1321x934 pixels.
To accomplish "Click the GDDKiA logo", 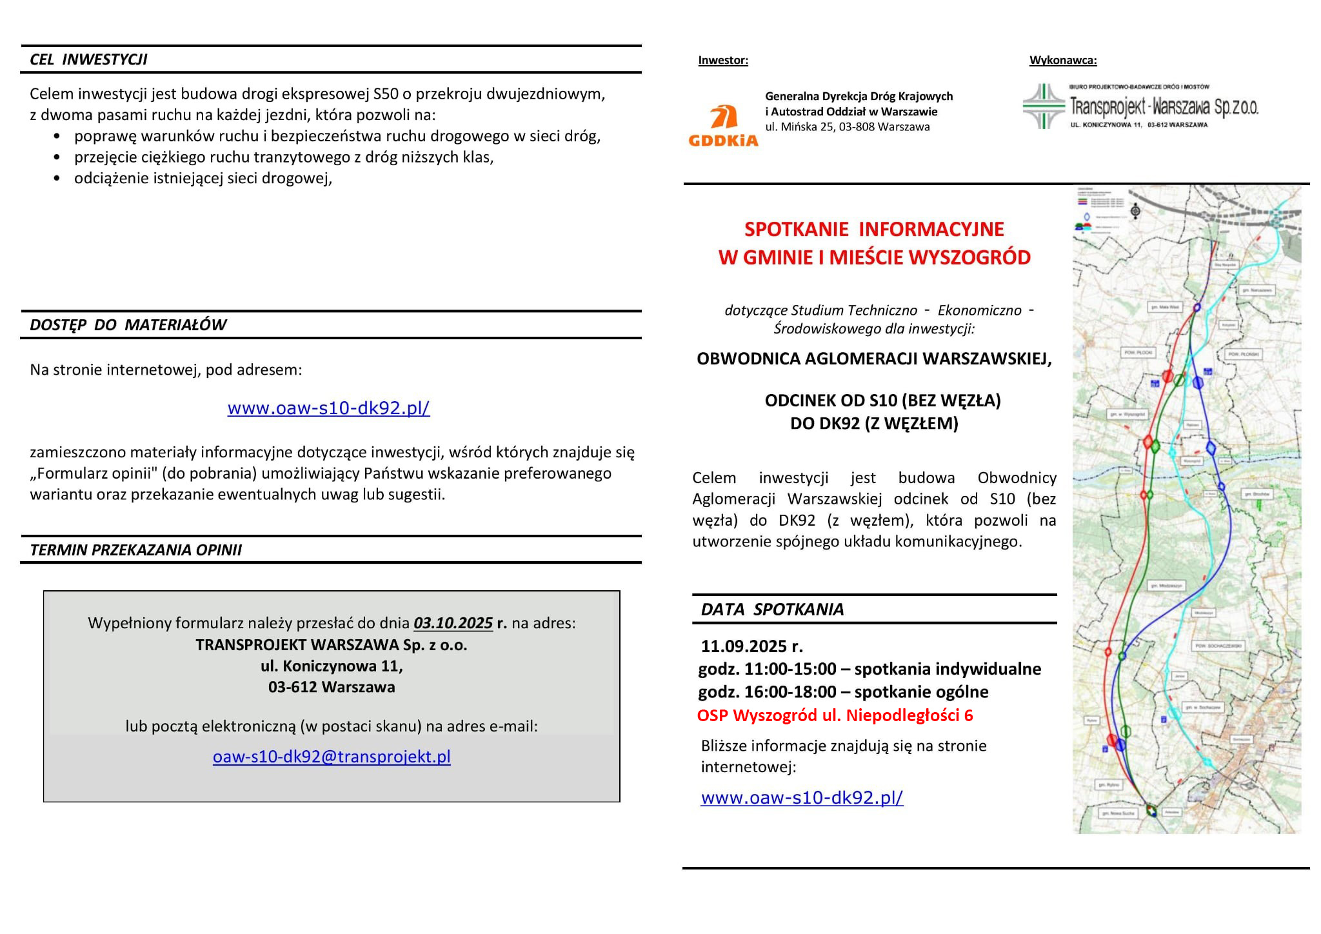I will [723, 125].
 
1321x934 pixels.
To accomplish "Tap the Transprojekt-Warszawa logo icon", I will [1043, 106].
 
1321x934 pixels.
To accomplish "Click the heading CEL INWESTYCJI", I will [88, 59].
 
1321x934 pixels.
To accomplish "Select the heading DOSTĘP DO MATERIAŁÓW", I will [128, 324].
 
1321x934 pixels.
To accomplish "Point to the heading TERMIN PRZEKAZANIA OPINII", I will [135, 550].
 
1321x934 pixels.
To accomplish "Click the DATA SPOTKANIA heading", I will [772, 609].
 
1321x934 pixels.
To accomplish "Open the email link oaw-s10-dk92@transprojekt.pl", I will [332, 756].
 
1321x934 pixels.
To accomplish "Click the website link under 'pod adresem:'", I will [328, 408].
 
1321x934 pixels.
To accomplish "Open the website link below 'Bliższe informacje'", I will [802, 797].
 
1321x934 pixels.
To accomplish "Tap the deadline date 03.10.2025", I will [453, 622].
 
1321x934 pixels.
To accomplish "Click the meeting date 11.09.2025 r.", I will [751, 646].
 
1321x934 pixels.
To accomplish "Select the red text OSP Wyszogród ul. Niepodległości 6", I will [835, 715].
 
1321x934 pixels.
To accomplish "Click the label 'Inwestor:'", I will [722, 60].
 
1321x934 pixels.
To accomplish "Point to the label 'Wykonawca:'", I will [1062, 60].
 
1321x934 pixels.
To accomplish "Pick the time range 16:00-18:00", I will [790, 691].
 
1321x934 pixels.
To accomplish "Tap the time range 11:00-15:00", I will [790, 668].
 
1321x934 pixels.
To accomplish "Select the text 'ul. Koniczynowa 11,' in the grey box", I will [332, 665].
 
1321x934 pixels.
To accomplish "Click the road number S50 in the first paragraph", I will [386, 94].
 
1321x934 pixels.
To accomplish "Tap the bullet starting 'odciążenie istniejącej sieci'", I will [203, 178].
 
